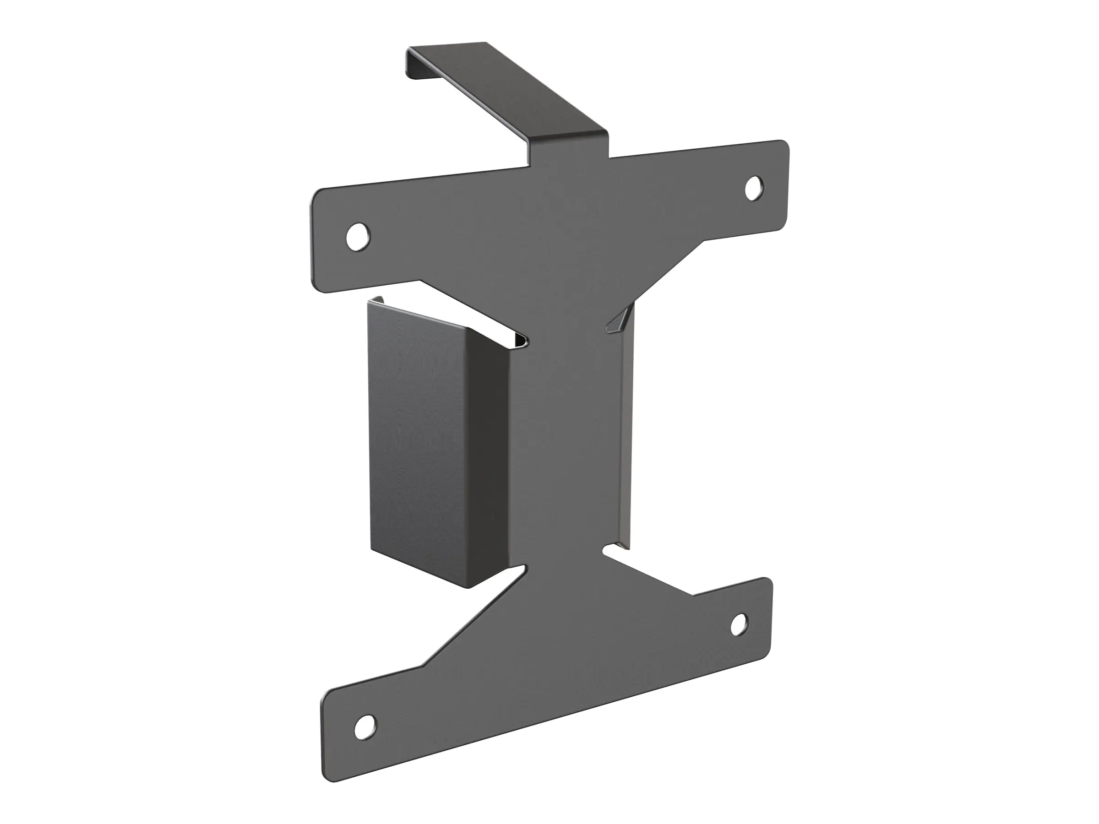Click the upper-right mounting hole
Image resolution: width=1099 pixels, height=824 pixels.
[754, 188]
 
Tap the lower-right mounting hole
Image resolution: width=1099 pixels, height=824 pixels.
[739, 624]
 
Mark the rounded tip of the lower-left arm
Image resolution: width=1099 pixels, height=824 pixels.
[328, 735]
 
